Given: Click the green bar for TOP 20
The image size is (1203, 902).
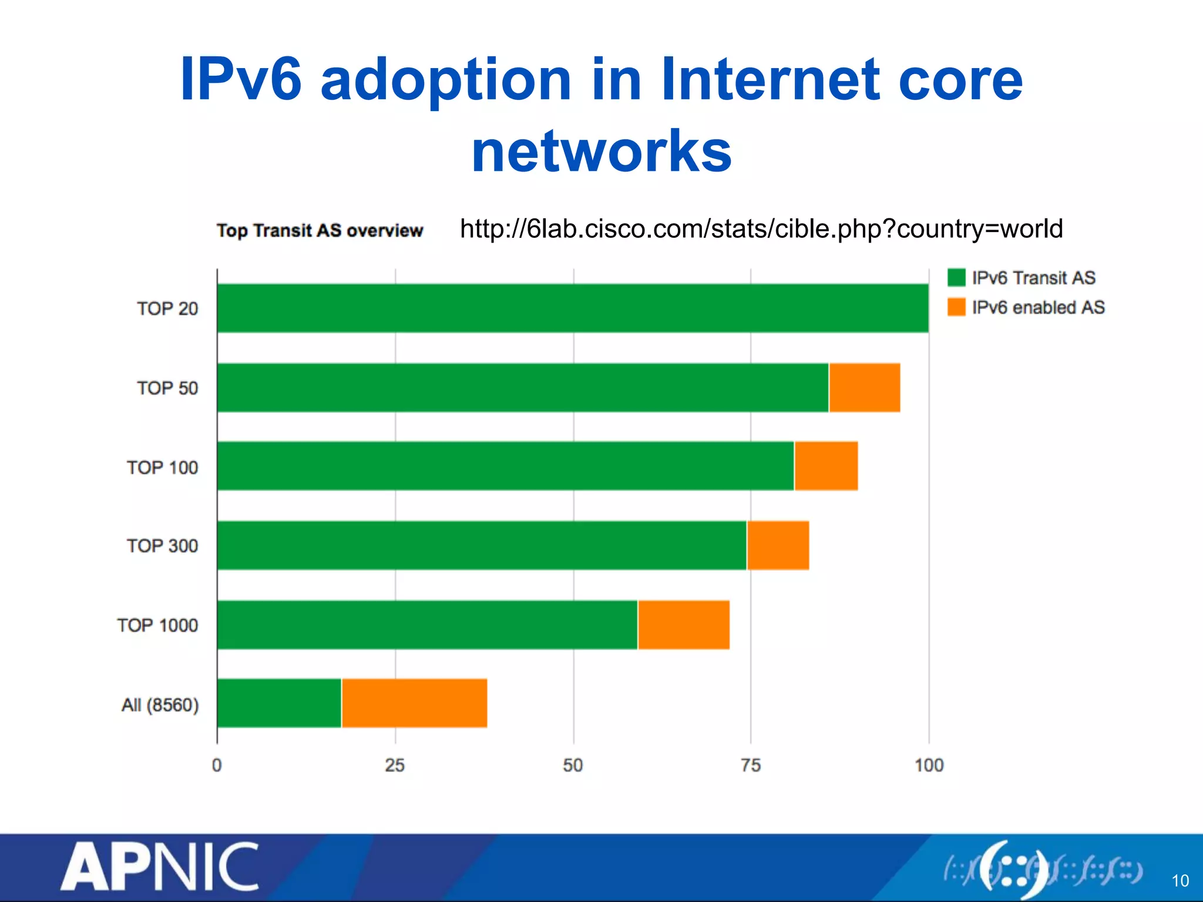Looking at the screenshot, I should click(573, 308).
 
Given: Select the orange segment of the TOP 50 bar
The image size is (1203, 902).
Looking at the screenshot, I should click(864, 388).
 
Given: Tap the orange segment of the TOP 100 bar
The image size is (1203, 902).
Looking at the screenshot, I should click(826, 466).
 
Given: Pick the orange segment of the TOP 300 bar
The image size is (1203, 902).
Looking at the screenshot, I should click(778, 545).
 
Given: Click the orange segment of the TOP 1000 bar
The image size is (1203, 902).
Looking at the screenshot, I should click(684, 625).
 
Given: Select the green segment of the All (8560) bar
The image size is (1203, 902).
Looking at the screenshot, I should click(279, 703).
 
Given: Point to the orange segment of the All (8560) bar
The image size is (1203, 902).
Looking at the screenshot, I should click(414, 703).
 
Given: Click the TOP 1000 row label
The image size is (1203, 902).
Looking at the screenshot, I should click(157, 625).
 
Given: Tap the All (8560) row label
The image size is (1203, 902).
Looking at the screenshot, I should click(160, 705).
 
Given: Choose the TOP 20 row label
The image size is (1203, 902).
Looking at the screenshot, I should click(167, 309).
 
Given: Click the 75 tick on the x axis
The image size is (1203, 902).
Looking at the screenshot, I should click(751, 765).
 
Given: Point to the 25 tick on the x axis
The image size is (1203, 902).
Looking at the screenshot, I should click(395, 765).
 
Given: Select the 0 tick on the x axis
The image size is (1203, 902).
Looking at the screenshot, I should click(217, 765).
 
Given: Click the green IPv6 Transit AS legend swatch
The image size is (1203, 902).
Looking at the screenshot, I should click(956, 278).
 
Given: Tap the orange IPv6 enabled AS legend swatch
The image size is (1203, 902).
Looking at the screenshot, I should click(956, 307).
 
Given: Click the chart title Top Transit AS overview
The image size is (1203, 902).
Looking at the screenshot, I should click(320, 230).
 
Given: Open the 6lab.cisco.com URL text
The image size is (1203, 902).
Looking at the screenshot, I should click(761, 229).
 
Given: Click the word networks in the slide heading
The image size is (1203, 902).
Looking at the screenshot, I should click(601, 152).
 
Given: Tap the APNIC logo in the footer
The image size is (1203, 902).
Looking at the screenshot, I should click(160, 867).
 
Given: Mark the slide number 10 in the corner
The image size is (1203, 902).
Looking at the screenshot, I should click(1180, 881).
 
